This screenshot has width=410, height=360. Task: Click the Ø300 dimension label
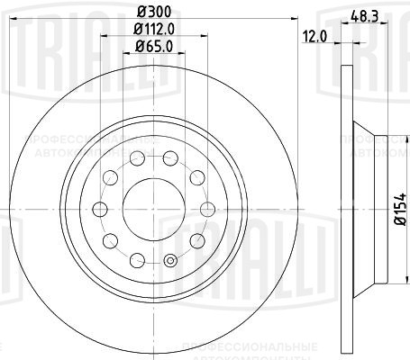150,11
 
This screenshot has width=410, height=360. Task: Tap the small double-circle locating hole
169,262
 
